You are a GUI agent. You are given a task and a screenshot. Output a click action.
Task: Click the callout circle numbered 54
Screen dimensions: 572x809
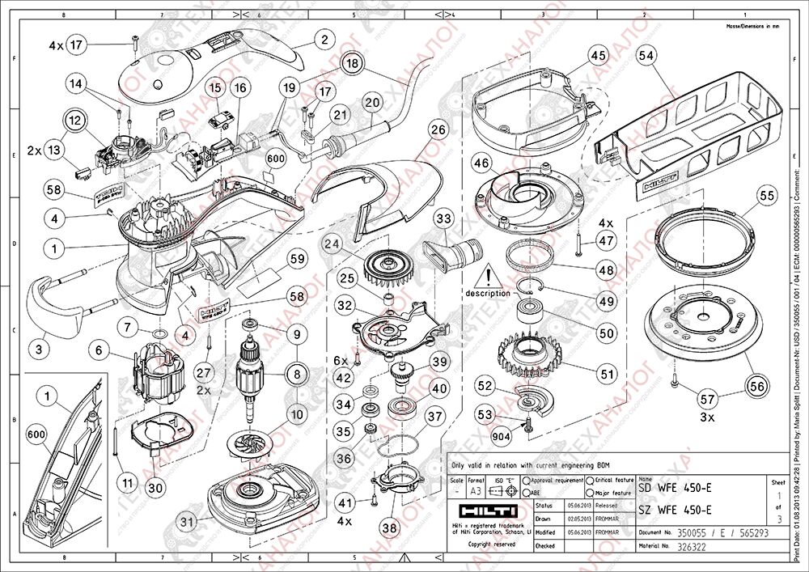click(646, 55)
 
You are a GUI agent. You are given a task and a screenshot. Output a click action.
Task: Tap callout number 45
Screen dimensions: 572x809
click(598, 55)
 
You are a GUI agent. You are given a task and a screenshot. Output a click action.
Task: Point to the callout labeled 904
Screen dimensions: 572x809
click(503, 435)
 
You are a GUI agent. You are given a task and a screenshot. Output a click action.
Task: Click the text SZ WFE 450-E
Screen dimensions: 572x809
click(676, 509)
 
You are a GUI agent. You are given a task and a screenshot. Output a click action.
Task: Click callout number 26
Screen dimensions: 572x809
click(438, 129)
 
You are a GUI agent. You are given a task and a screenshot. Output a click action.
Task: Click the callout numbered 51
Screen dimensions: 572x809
click(607, 374)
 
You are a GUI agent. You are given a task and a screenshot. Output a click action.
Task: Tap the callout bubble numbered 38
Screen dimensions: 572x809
click(390, 528)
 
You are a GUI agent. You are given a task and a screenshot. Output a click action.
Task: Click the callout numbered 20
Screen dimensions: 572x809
click(371, 103)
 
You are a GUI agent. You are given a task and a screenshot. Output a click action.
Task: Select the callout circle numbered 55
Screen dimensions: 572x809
click(767, 196)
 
